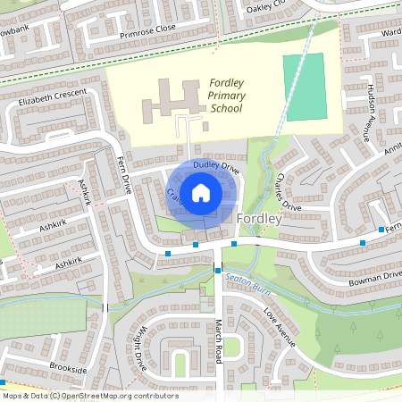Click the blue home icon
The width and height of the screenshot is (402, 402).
point(201,191)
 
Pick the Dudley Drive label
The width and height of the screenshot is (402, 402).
point(217,166)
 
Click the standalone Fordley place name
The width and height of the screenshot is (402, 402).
point(261,218)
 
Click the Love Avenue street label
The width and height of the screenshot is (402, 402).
point(279,327)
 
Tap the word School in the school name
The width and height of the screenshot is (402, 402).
point(225,108)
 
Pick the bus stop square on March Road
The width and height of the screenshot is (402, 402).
point(217,269)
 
